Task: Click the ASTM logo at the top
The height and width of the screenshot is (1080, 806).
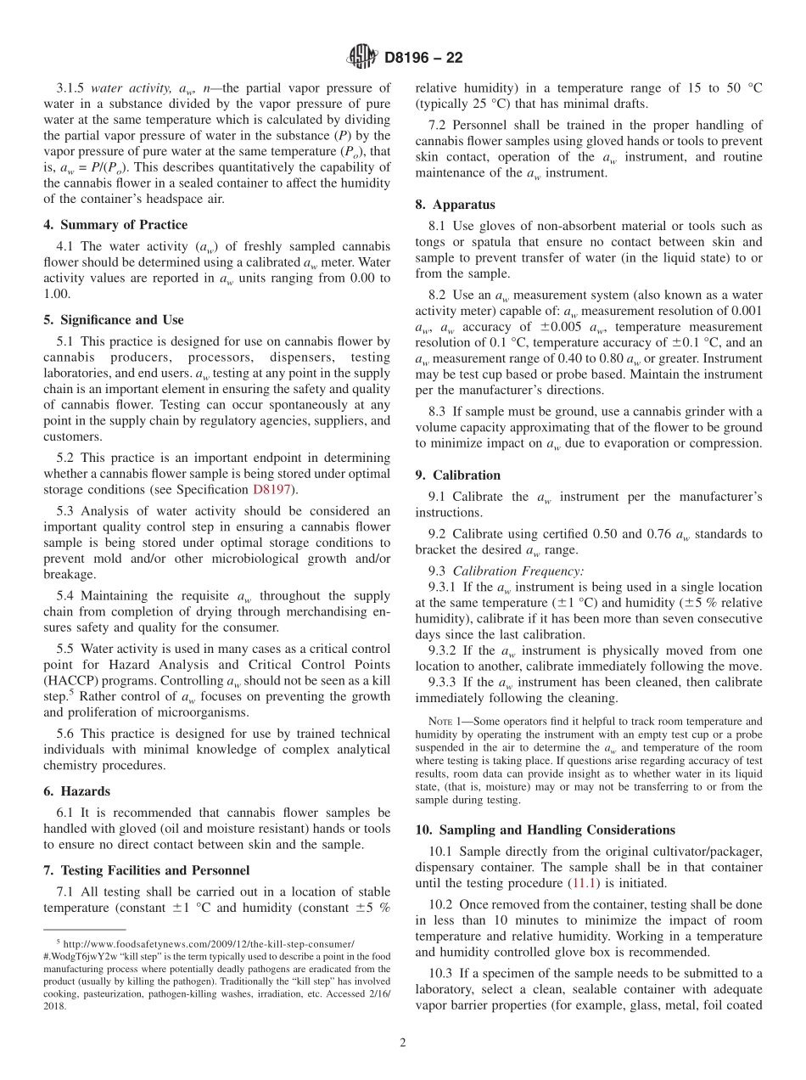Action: pos(362,58)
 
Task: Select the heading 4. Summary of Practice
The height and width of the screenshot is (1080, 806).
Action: pos(115,225)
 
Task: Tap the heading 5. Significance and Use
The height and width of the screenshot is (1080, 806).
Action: pos(114,320)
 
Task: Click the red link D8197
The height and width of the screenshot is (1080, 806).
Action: pos(271,490)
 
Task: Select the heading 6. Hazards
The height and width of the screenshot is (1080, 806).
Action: pos(76,791)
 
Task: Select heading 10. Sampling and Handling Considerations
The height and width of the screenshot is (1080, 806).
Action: pos(546,830)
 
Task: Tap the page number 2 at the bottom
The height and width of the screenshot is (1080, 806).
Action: pos(403,1043)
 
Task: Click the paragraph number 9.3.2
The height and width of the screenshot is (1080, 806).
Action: pos(446,651)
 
